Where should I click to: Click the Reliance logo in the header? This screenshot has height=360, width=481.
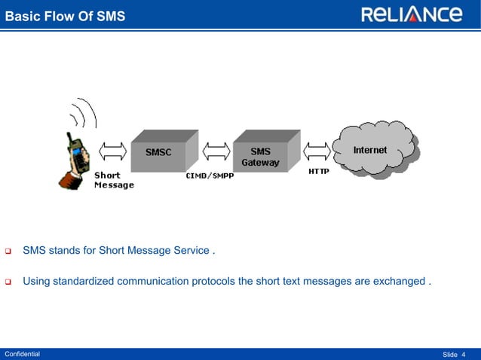point(411,14)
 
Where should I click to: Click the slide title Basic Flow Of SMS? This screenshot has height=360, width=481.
point(66,16)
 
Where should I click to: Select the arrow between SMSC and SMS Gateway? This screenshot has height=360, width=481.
point(216,151)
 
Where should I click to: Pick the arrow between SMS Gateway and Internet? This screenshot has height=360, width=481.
point(317,151)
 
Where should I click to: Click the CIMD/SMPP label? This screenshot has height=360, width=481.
point(210,176)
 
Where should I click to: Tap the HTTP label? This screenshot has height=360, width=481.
point(318,172)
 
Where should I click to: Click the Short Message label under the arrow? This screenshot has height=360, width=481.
point(113,181)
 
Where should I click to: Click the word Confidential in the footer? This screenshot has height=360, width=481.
point(23,354)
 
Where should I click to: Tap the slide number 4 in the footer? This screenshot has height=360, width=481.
point(464,354)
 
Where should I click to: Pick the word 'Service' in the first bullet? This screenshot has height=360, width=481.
point(188,250)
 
